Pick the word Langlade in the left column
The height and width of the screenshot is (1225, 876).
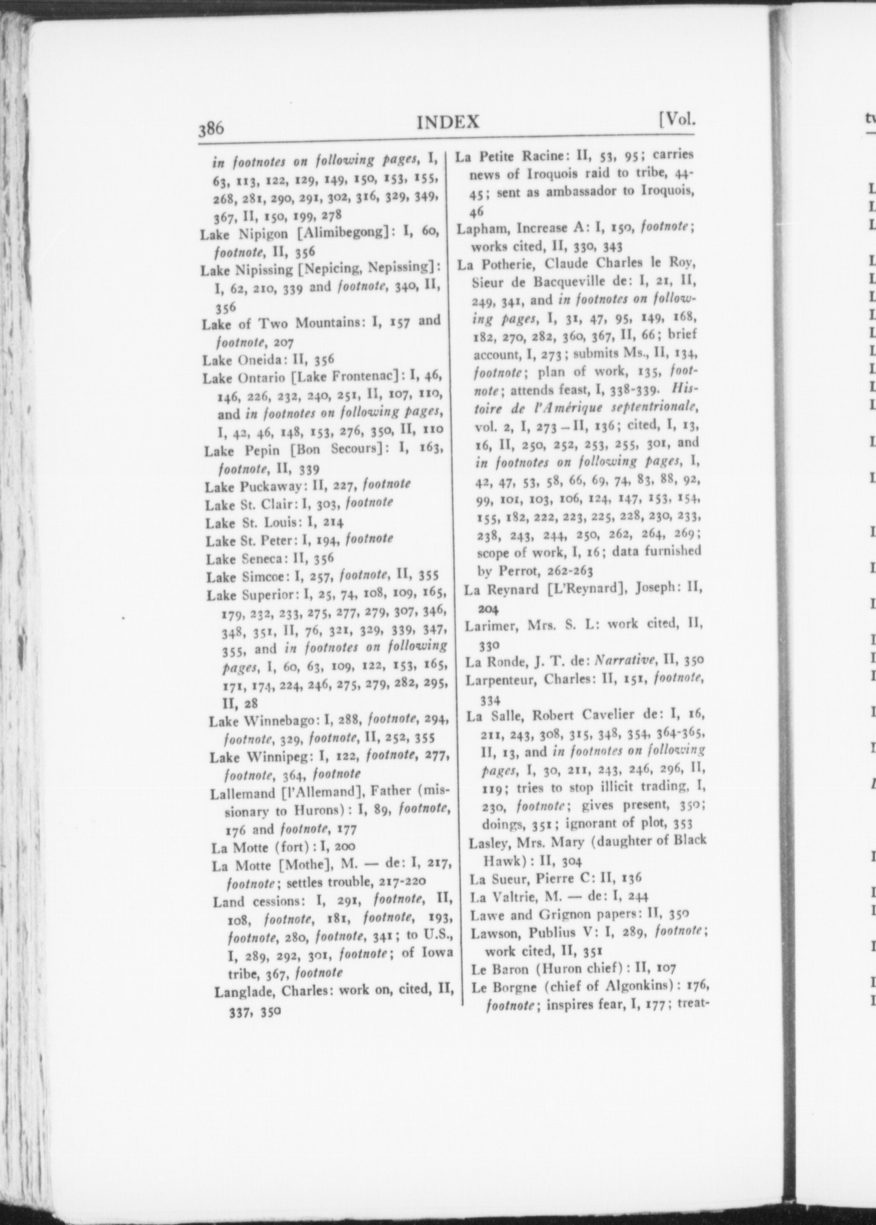pyautogui.click(x=244, y=992)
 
